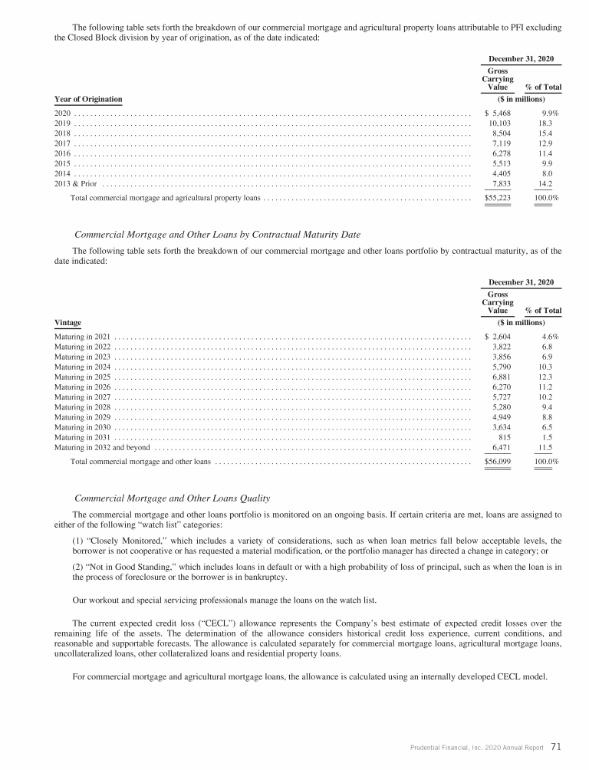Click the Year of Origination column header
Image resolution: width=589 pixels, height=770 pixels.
(x=88, y=99)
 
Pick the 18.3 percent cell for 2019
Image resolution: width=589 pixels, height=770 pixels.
(x=545, y=123)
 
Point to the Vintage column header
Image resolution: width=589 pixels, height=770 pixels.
(x=67, y=322)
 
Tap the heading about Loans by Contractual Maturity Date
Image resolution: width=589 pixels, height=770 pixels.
(x=217, y=234)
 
